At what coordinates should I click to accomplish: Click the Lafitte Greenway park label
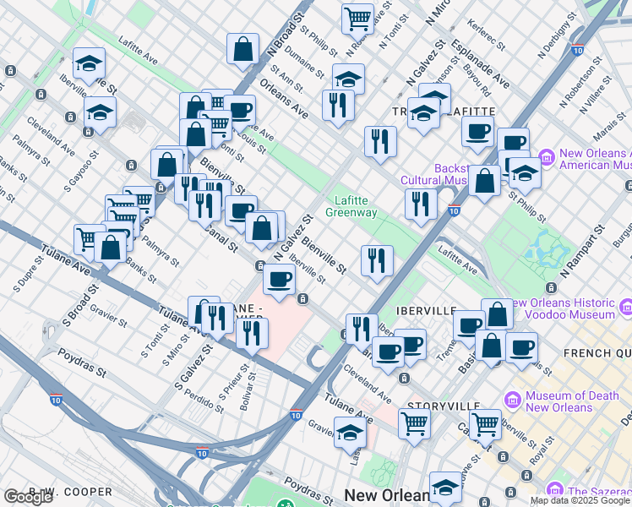355,206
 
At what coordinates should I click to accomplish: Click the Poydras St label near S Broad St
82,372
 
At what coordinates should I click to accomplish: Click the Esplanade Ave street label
480,63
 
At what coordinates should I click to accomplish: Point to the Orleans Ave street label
284,98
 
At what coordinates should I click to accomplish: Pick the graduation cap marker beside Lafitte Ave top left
88,64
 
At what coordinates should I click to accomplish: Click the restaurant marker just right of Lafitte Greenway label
420,204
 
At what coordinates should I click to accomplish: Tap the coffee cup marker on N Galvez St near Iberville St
279,278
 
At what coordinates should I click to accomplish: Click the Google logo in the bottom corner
28,497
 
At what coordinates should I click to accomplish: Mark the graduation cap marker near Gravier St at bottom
349,433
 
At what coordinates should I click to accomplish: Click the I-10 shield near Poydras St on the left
56,398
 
